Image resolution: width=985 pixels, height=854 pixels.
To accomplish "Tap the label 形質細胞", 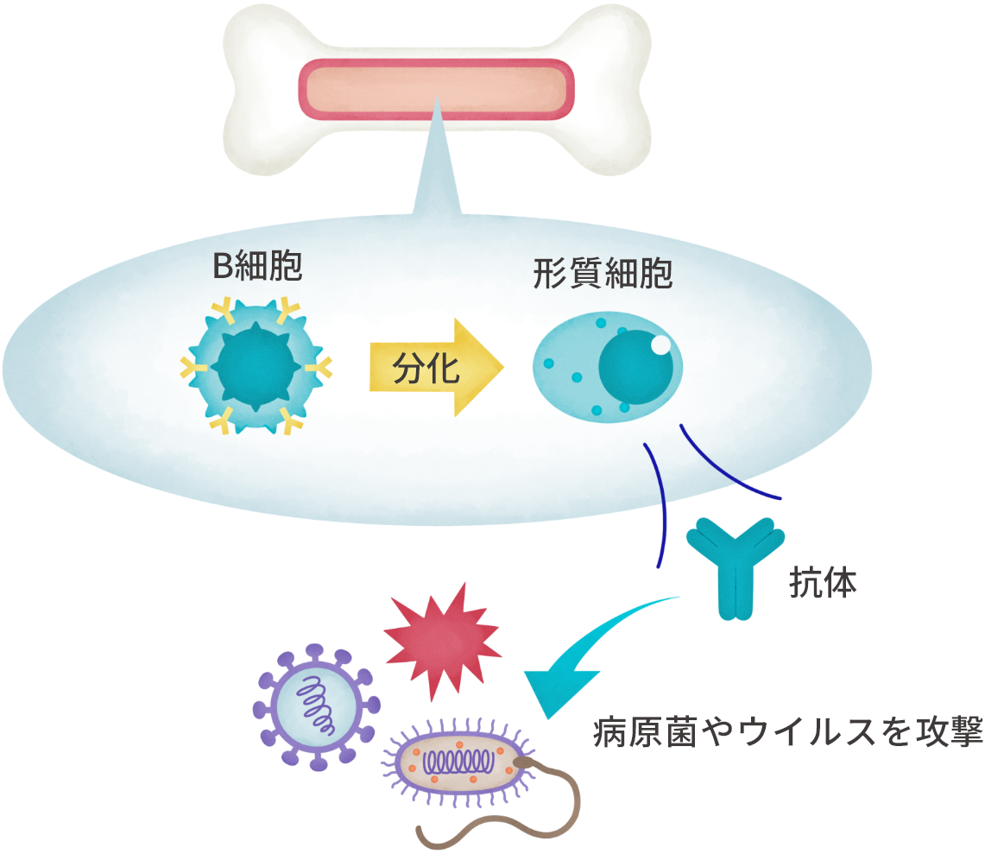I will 603,275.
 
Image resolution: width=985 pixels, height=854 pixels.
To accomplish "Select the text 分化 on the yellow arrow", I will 420,369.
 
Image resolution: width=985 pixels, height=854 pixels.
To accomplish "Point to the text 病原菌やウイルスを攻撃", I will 787,733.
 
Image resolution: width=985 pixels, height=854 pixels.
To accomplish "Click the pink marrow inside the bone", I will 435,90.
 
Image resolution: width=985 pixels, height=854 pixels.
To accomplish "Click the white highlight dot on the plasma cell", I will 660,345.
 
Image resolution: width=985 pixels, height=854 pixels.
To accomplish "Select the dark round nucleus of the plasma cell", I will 635,370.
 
